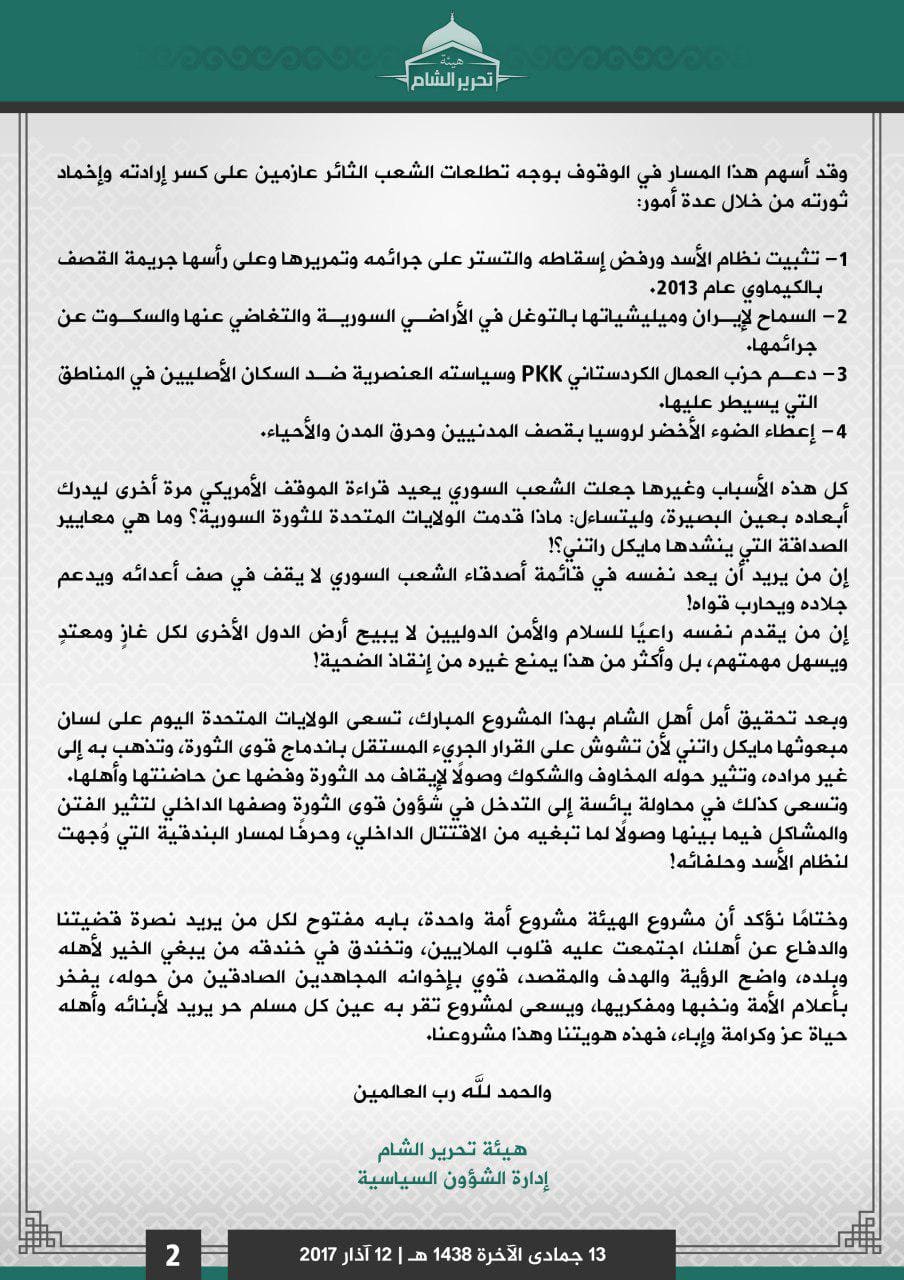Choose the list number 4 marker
(839, 431)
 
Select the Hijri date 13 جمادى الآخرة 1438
(521, 1254)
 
